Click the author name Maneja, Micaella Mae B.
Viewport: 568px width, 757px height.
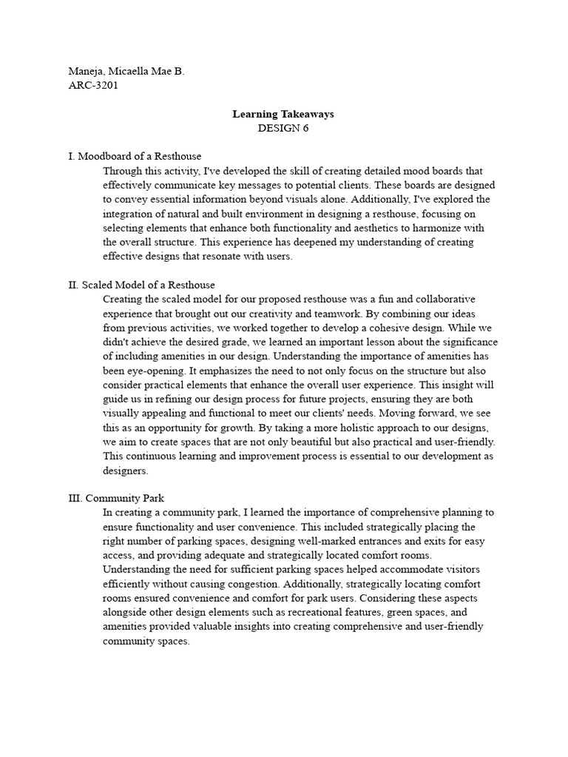(126, 71)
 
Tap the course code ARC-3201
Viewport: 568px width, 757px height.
(93, 85)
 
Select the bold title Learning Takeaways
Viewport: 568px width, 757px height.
(283, 114)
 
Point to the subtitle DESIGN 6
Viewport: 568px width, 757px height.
(283, 128)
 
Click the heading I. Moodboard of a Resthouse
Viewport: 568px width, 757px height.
(135, 157)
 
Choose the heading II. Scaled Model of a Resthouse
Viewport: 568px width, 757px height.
(141, 285)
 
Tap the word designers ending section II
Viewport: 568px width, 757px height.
(126, 470)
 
